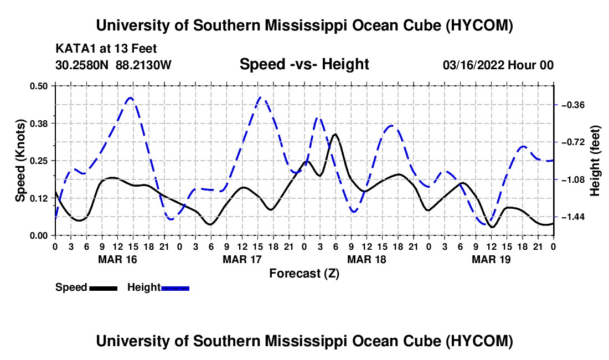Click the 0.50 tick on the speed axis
point(38,86)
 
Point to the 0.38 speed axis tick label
point(38,124)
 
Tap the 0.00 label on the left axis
point(38,235)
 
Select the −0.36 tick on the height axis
point(572,105)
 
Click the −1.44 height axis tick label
point(572,217)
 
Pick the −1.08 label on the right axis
point(572,180)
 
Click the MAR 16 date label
point(118,259)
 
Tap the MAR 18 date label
point(367,259)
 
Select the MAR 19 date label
point(491,259)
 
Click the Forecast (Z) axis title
point(304,274)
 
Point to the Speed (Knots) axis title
point(20,161)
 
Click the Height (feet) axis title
point(595,161)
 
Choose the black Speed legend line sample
point(104,289)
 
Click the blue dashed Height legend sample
point(175,289)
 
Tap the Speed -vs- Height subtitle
point(304,64)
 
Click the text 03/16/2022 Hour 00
point(498,65)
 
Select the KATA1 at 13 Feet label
point(106,49)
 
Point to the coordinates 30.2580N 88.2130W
point(113,65)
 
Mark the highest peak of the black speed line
point(335,133)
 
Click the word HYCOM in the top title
point(479,25)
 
